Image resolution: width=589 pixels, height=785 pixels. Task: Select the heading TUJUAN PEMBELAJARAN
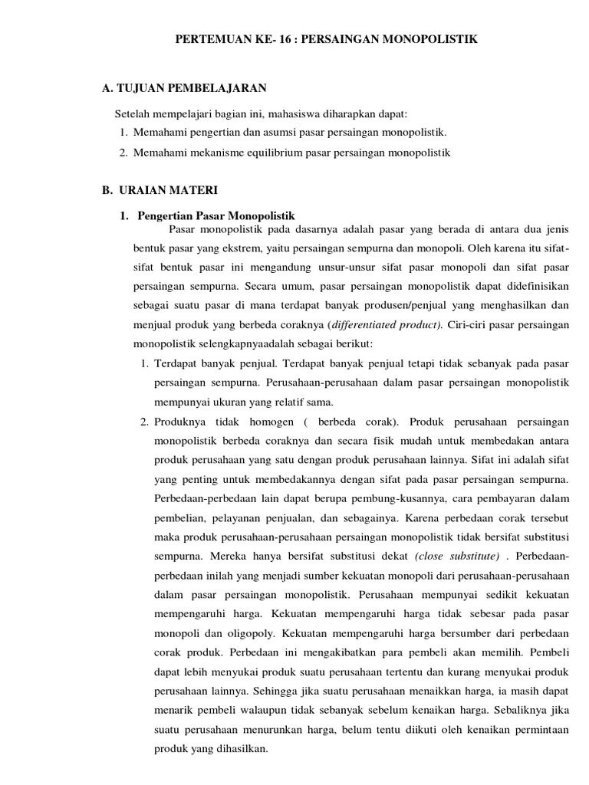point(190,90)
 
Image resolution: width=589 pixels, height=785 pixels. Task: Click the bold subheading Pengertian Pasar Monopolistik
point(214,216)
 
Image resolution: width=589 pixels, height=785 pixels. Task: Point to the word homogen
point(267,422)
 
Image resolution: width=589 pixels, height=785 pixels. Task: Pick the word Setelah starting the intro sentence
point(131,114)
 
